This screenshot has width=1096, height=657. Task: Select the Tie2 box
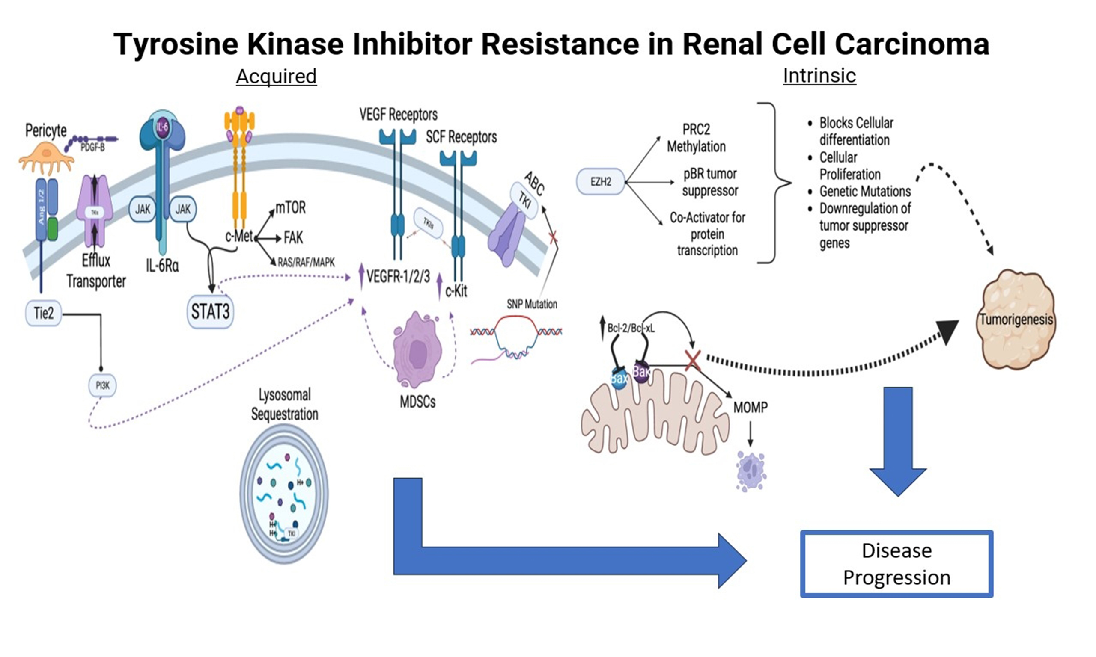43,314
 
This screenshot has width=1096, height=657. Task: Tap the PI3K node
102,385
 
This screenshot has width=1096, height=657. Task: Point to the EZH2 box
601,181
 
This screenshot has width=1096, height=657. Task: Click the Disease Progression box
896,564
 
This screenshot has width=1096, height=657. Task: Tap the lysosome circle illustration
284,494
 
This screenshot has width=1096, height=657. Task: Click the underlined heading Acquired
276,76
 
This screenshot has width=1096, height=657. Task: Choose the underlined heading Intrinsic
819,75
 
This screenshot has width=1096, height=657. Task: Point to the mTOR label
291,207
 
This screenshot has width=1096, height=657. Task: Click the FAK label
293,238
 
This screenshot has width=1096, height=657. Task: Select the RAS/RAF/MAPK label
306,263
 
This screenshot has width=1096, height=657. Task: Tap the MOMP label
751,407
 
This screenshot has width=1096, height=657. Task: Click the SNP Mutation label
532,304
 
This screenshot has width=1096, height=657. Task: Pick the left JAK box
142,209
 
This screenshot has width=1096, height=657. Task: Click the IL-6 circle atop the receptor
163,127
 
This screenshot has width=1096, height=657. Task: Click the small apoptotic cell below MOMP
751,470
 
